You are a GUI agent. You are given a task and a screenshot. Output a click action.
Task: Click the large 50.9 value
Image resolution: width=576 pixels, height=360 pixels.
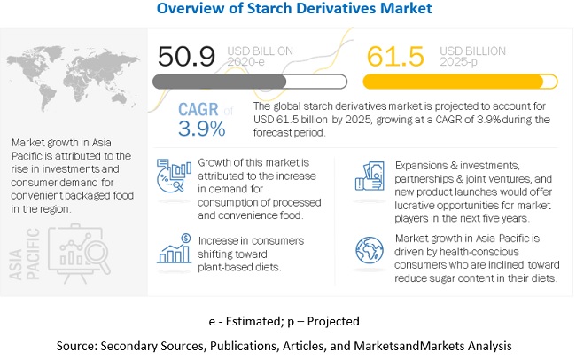coord(185,58)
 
